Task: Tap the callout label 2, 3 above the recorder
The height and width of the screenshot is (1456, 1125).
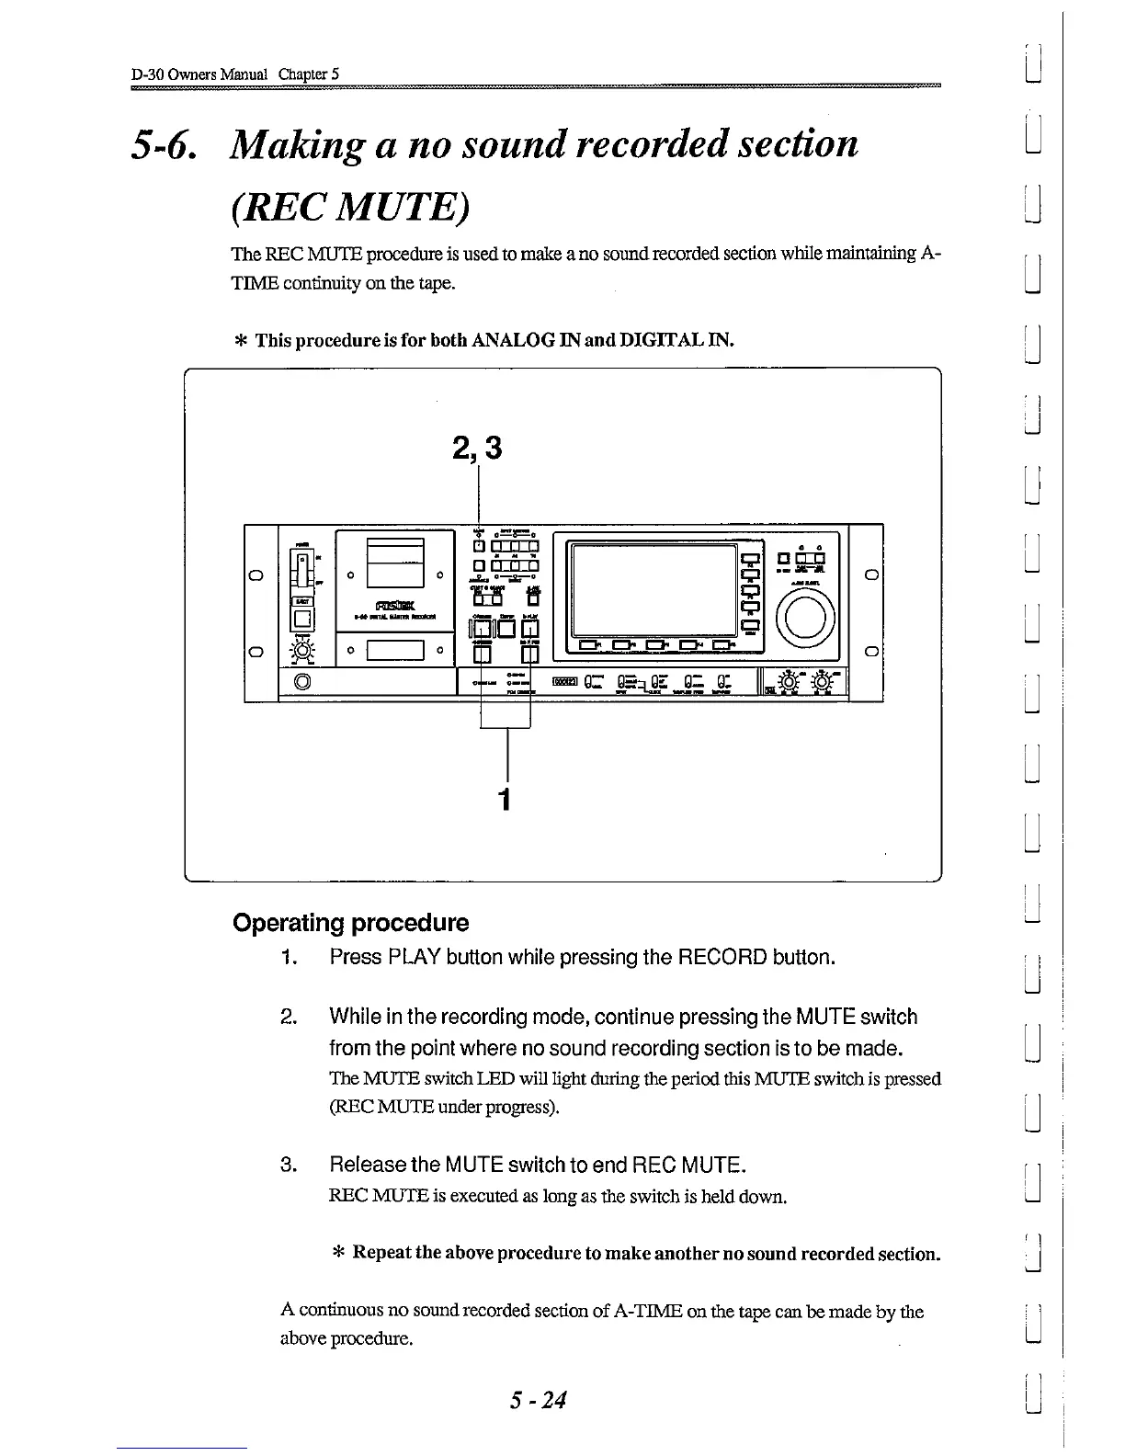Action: (478, 448)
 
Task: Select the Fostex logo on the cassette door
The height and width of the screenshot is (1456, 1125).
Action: (395, 603)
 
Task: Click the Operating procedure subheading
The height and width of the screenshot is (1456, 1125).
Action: (351, 923)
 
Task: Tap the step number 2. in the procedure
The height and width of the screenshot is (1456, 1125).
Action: (287, 1018)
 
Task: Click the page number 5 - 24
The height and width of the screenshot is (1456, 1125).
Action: (540, 1400)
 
